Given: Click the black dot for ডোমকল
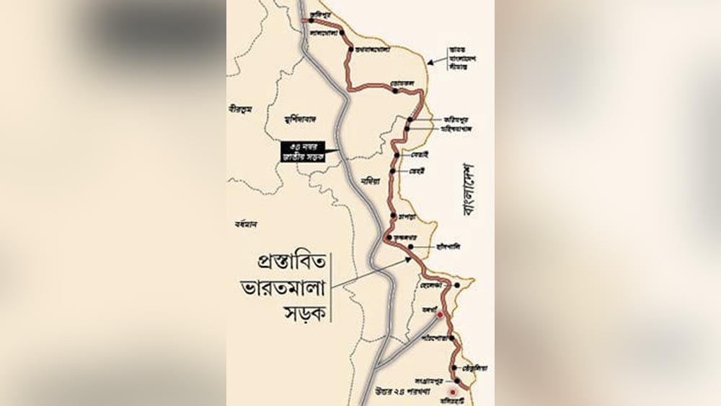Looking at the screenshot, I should [x=396, y=91].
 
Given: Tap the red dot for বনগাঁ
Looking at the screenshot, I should [x=439, y=316].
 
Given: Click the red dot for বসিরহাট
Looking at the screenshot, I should [x=453, y=393].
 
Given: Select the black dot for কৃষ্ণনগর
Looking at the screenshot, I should [x=389, y=237].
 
